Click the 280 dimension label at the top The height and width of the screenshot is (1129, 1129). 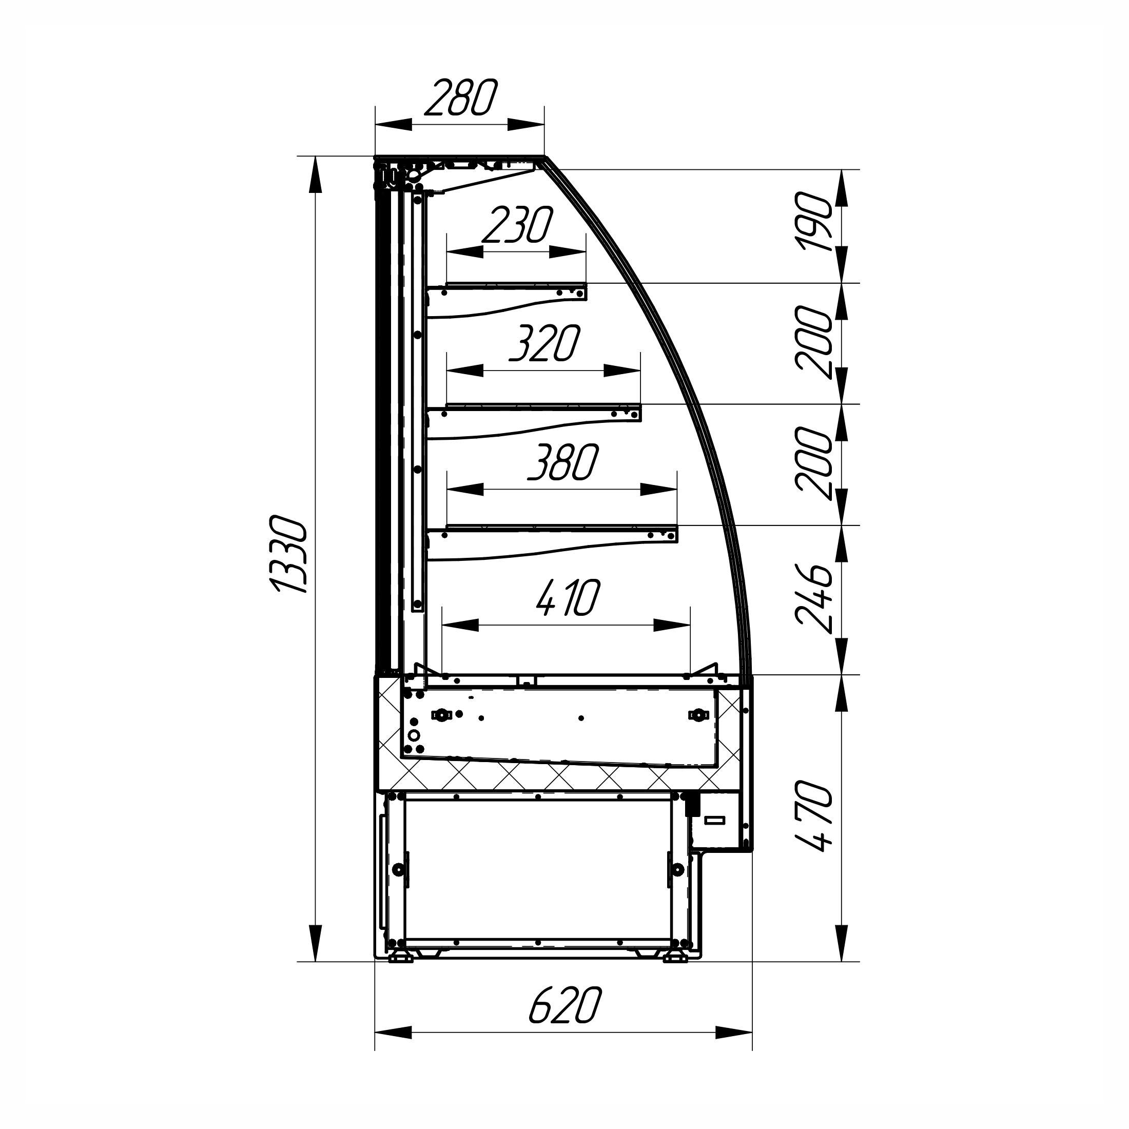[460, 98]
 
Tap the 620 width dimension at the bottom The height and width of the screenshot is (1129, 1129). [565, 1005]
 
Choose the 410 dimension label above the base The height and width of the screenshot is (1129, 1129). [568, 598]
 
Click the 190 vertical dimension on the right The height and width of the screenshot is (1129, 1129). [813, 222]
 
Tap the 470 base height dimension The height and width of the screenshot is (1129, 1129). [813, 816]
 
